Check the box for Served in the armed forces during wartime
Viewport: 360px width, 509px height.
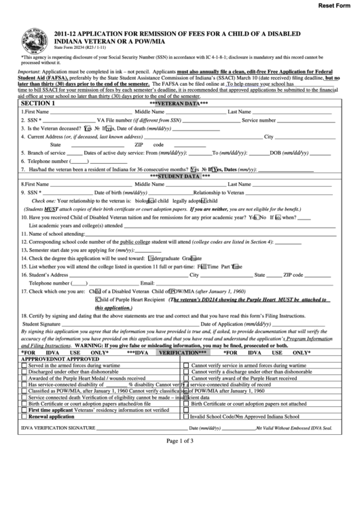tap(24, 366)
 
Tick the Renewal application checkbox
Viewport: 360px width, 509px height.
tap(24, 416)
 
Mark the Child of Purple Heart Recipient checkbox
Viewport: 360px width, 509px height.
tap(98, 298)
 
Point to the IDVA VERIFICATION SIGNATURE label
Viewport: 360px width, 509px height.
tap(58, 428)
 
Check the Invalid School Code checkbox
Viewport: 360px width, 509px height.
tap(187, 416)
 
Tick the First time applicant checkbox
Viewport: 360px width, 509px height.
tap(24, 410)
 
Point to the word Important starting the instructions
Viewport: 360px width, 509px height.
tap(30, 71)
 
